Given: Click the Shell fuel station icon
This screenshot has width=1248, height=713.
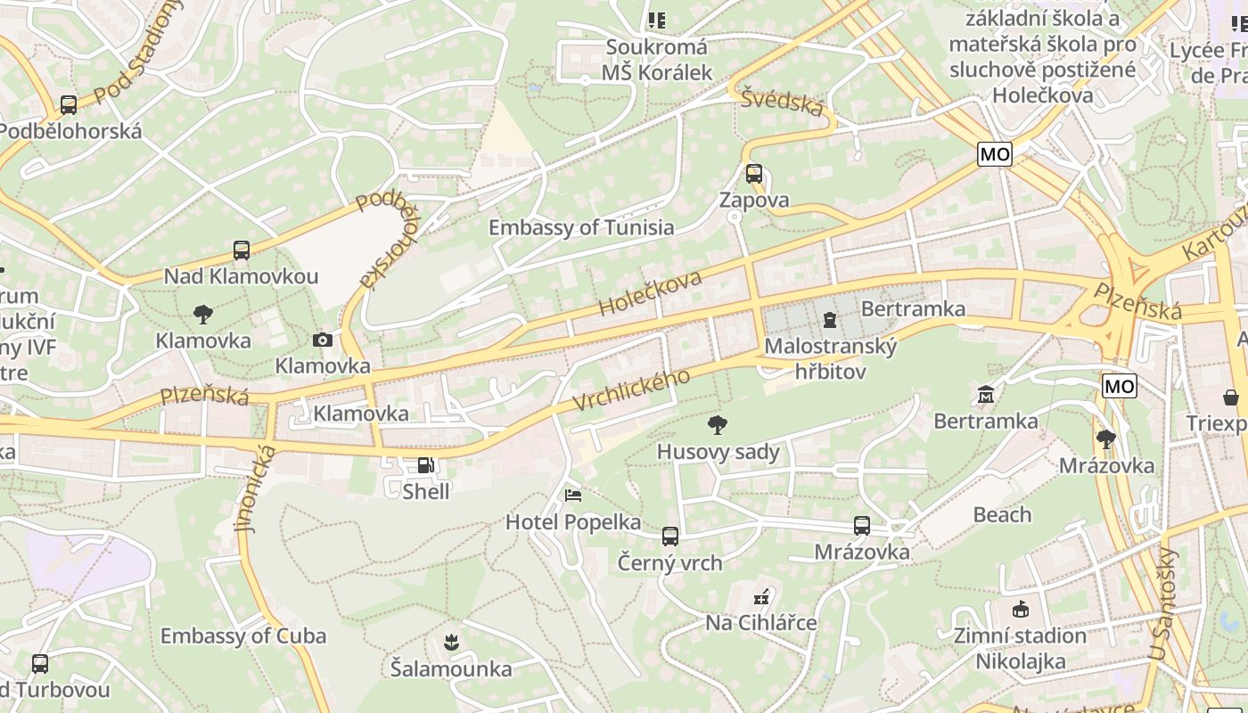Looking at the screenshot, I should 426,465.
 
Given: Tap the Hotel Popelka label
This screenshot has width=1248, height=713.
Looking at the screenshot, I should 573,522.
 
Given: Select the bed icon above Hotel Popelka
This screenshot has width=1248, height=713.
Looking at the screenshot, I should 573,495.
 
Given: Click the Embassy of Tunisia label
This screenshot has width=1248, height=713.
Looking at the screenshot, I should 581,227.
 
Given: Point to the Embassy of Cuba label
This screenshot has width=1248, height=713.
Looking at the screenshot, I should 243,636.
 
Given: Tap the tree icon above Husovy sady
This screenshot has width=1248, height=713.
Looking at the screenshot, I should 717,425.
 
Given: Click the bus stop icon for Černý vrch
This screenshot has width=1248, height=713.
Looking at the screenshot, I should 670,537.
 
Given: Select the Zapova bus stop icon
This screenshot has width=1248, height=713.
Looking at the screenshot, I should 754,174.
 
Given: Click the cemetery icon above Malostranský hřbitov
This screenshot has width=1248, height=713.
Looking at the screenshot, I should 830,318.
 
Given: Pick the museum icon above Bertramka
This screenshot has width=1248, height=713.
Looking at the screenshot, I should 986,394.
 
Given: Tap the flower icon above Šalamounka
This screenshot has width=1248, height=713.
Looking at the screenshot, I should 451,642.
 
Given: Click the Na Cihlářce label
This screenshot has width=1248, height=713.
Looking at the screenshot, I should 761,622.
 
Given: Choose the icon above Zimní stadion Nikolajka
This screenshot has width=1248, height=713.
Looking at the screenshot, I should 1021,610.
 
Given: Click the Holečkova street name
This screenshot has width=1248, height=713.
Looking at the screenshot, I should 650,293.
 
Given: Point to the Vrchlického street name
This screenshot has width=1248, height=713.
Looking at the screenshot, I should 631,390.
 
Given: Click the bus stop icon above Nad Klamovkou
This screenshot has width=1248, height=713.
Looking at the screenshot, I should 241,250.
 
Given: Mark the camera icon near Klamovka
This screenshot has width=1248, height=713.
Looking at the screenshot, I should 323,340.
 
